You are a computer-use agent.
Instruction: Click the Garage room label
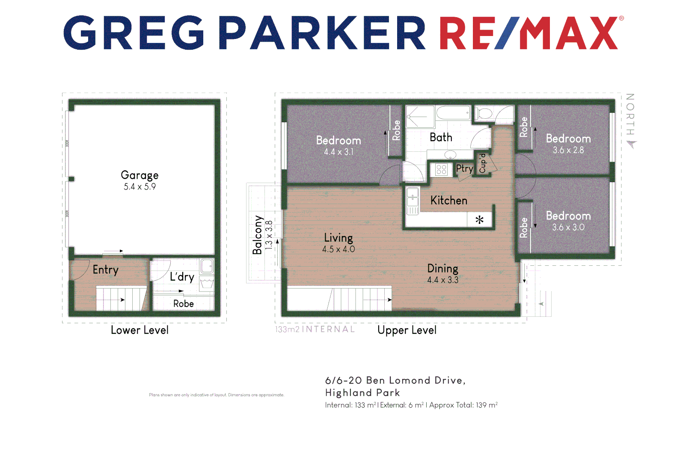140,175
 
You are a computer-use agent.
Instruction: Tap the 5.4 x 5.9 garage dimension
140,187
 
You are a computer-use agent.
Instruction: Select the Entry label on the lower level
105,270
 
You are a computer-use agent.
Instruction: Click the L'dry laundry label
182,277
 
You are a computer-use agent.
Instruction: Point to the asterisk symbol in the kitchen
479,220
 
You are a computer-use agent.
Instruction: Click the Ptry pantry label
464,168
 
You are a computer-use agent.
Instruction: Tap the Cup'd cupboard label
483,163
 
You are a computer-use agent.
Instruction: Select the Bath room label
441,138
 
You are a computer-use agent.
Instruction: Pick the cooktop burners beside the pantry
441,170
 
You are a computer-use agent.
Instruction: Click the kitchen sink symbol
413,197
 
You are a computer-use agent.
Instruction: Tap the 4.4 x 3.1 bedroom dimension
338,152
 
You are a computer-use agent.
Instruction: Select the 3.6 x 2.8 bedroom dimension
568,150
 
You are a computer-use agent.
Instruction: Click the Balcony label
257,235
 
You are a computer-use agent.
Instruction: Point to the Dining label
442,269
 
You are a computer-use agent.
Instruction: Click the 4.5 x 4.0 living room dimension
338,249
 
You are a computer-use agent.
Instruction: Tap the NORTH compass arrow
632,144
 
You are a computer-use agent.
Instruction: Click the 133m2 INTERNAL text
315,329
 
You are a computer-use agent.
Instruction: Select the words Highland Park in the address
362,393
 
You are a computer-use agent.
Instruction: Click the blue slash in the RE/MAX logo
507,33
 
